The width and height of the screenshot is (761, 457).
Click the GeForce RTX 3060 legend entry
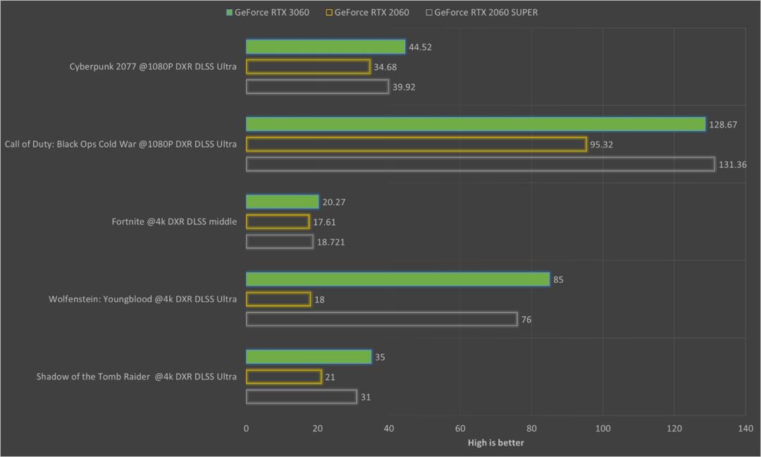267,12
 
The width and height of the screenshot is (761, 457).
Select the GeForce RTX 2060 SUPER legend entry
482,12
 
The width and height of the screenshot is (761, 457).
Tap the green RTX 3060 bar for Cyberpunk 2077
326,47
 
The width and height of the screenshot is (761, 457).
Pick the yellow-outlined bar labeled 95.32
416,144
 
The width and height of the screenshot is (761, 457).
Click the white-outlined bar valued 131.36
480,164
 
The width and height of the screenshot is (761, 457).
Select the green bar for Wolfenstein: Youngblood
397,279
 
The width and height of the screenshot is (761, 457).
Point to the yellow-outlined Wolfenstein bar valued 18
278,299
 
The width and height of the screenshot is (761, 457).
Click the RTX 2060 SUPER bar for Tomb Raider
301,397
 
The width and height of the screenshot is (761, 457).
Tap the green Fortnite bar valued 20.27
282,202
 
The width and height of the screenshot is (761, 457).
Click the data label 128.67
723,124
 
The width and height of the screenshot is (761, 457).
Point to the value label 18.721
330,242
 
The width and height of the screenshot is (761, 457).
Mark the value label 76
526,319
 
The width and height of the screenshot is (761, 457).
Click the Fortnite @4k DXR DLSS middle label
174,221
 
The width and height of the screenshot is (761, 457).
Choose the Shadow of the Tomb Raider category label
137,377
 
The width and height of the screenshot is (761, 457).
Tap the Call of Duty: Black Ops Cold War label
120,144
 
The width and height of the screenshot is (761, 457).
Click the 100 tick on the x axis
602,428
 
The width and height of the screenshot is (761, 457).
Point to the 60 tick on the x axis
460,428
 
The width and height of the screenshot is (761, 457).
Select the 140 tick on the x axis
745,428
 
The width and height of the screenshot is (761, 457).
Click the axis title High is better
495,443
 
